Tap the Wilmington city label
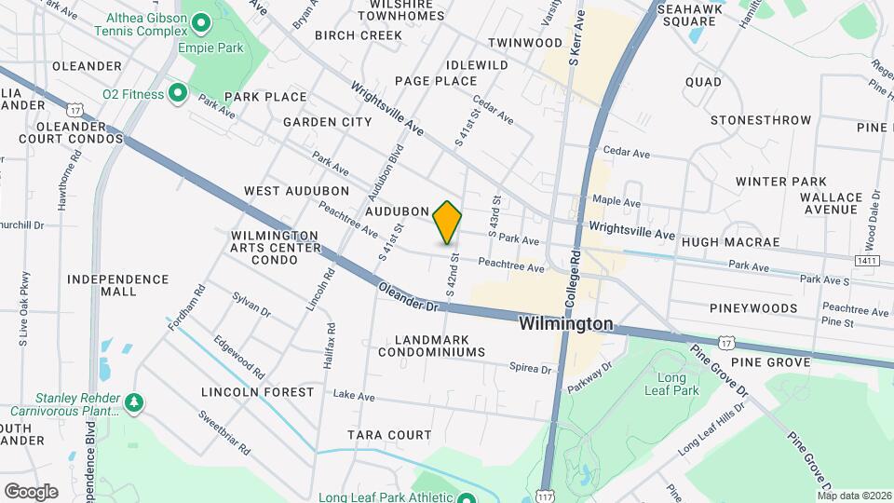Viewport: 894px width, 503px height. pyautogui.click(x=566, y=324)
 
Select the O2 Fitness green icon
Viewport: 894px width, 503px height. pyautogui.click(x=178, y=93)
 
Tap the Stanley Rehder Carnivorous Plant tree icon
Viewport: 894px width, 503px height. pyautogui.click(x=136, y=401)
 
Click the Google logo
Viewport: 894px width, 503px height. pyautogui.click(x=31, y=491)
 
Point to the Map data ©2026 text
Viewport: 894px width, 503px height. pyautogui.click(x=854, y=495)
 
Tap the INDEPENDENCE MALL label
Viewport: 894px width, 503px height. pyautogui.click(x=117, y=285)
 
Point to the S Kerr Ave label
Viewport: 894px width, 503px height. pyautogui.click(x=576, y=37)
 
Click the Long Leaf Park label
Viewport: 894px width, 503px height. pyautogui.click(x=678, y=384)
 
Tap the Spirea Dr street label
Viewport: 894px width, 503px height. pyautogui.click(x=532, y=369)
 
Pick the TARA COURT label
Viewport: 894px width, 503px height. pyautogui.click(x=389, y=435)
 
